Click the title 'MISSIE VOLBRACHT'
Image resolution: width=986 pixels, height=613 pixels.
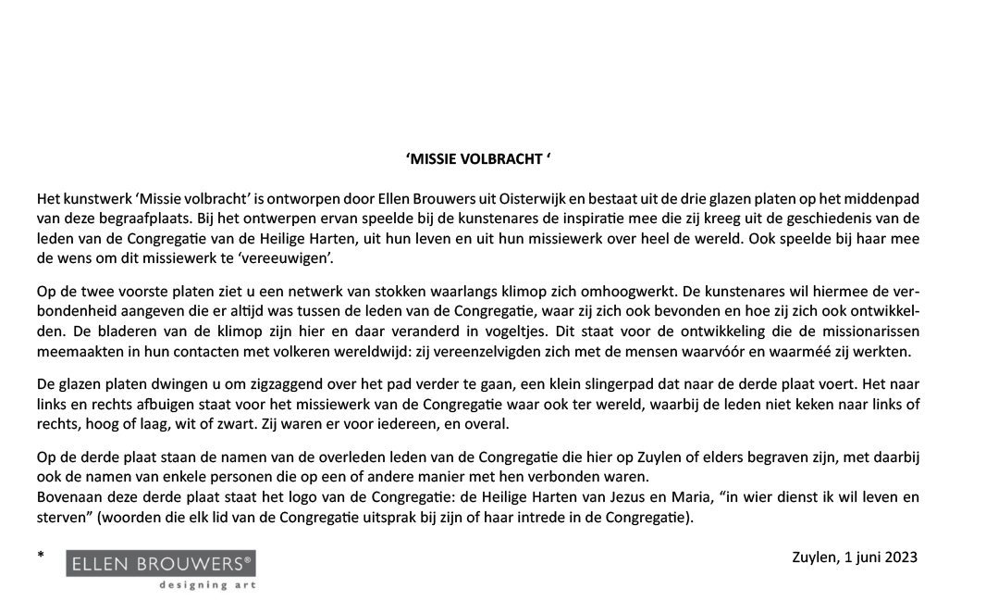point(478,159)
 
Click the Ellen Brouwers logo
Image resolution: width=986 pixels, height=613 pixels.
point(161,564)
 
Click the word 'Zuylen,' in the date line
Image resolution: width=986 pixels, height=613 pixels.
point(815,557)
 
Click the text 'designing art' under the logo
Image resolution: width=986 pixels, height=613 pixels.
point(206,585)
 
